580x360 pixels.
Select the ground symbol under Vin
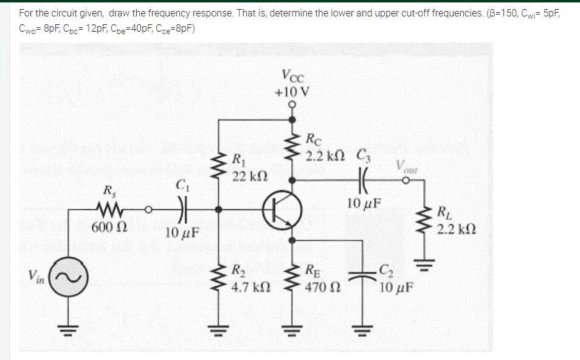coord(64,330)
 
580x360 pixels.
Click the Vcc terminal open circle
coord(292,105)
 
